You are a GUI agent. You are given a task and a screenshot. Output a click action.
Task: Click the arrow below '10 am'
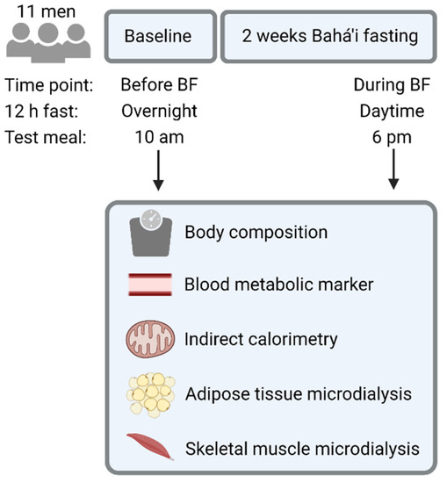[159, 172]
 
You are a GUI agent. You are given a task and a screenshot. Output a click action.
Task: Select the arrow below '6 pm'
[393, 172]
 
